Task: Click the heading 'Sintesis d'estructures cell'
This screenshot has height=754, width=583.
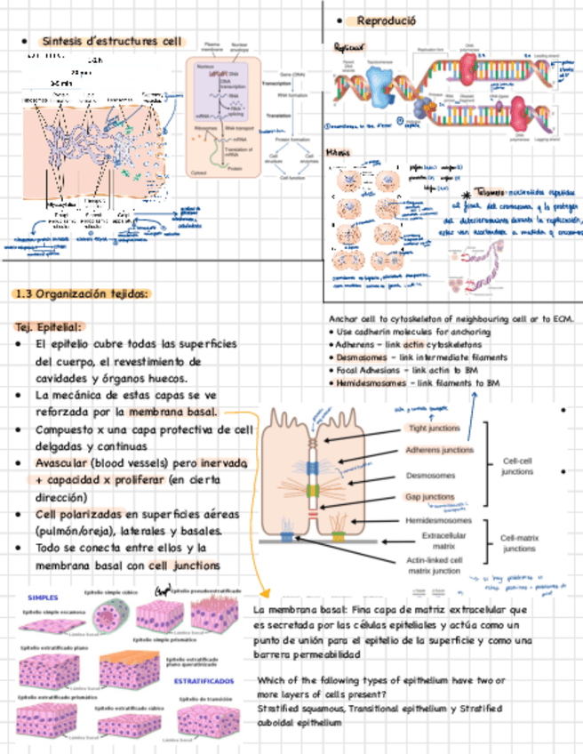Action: [111, 42]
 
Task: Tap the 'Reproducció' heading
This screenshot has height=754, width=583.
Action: [387, 20]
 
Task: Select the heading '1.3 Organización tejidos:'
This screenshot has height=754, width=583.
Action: [83, 294]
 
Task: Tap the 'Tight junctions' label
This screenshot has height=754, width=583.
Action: [434, 428]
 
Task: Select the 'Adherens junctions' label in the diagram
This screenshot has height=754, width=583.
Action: [439, 450]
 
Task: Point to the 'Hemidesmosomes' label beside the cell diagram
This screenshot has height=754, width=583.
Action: [438, 520]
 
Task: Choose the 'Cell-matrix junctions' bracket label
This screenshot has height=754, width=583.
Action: [519, 543]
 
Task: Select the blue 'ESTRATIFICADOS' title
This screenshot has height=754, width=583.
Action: [204, 680]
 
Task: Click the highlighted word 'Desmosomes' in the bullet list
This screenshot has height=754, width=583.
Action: [359, 357]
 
